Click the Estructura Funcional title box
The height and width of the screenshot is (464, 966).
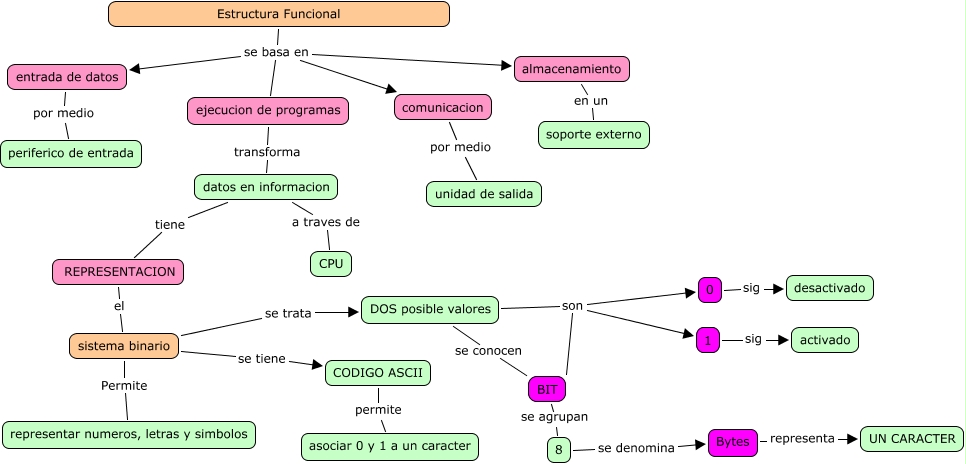tap(278, 14)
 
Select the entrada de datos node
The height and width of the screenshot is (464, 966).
tap(67, 76)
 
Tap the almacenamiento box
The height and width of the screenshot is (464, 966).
tap(572, 69)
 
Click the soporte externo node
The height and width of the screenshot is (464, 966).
tap(594, 134)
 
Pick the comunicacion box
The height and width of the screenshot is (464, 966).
tap(444, 107)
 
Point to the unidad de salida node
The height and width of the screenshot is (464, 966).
tap(484, 193)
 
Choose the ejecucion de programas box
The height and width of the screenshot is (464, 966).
tap(268, 111)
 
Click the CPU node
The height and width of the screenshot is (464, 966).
tap(330, 264)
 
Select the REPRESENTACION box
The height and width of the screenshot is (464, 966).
tap(119, 271)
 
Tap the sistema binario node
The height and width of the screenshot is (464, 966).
tap(124, 346)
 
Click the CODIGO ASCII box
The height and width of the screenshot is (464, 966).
tap(378, 373)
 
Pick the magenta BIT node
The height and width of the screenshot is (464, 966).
tap(547, 388)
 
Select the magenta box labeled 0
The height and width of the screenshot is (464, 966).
tap(709, 290)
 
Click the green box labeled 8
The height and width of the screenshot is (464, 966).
tap(558, 450)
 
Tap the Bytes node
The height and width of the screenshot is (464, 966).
tap(732, 442)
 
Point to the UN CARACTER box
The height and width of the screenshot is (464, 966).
tap(911, 438)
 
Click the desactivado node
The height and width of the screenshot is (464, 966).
tap(830, 288)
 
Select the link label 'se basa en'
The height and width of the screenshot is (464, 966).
tap(276, 52)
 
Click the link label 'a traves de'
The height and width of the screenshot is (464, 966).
tap(325, 222)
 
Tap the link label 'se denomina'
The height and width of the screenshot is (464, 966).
tap(635, 448)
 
